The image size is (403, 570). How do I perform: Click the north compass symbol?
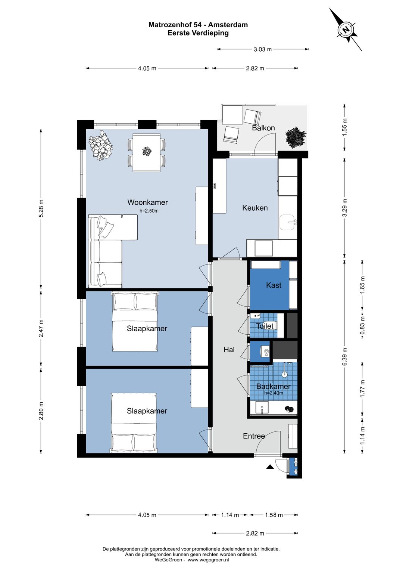[346, 30]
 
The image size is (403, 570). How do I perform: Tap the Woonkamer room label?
[147, 202]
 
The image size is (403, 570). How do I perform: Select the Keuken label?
[255, 208]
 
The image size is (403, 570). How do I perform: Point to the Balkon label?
[263, 128]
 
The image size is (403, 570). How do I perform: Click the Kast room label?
[274, 285]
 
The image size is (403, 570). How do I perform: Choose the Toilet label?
[265, 326]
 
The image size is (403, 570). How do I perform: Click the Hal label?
[229, 350]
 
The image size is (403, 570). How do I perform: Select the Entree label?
[254, 436]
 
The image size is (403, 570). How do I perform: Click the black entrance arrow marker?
[270, 467]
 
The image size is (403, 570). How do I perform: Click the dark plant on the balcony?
[296, 138]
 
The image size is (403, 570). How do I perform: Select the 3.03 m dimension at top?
[263, 49]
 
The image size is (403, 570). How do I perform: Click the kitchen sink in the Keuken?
[288, 223]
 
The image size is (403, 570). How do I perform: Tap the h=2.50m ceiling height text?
[149, 211]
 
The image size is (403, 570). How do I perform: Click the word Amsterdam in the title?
[228, 25]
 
